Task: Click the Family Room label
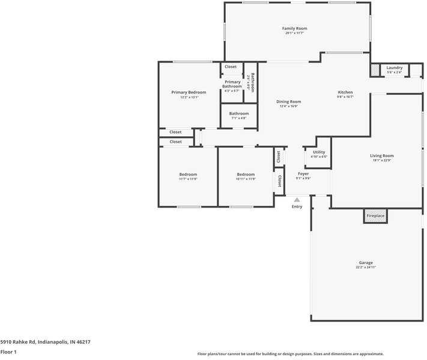click(x=294, y=29)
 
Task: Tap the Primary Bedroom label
click(x=189, y=92)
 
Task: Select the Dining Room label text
click(x=289, y=102)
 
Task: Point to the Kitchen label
click(x=345, y=92)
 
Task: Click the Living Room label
click(x=381, y=156)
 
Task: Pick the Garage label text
click(x=366, y=263)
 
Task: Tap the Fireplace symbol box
click(x=375, y=216)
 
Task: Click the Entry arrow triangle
click(x=297, y=200)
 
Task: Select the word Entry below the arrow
click(x=297, y=207)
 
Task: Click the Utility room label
click(x=319, y=152)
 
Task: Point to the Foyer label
click(x=303, y=174)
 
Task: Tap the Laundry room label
click(x=395, y=68)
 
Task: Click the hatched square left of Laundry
click(x=375, y=71)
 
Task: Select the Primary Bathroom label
click(x=232, y=84)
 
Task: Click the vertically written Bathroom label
click(x=253, y=82)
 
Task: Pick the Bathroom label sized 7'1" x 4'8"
click(x=238, y=113)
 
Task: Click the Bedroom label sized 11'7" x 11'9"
click(x=187, y=175)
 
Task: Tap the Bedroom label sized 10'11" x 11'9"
click(x=246, y=175)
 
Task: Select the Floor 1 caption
click(x=8, y=352)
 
